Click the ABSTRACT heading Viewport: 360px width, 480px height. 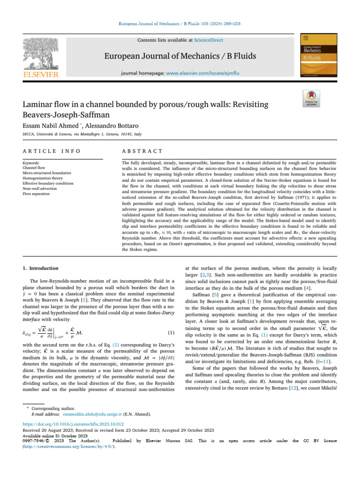pyautogui.click(x=142, y=151)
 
